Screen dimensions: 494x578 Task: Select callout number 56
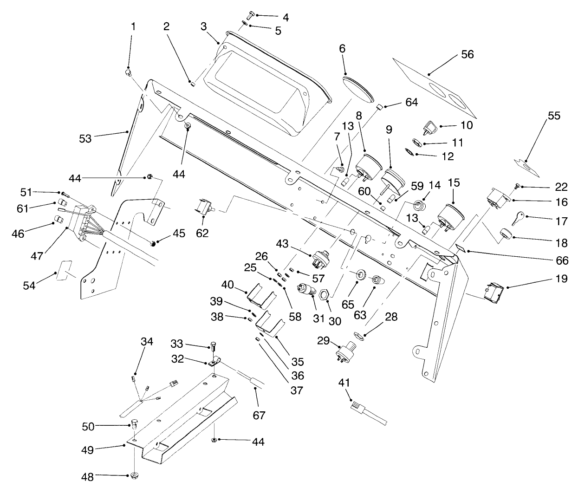pos(467,54)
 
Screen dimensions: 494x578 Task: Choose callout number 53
pos(85,138)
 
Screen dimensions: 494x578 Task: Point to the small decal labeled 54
pos(64,271)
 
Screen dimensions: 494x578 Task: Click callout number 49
pos(87,450)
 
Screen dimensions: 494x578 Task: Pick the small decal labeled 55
pos(527,166)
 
